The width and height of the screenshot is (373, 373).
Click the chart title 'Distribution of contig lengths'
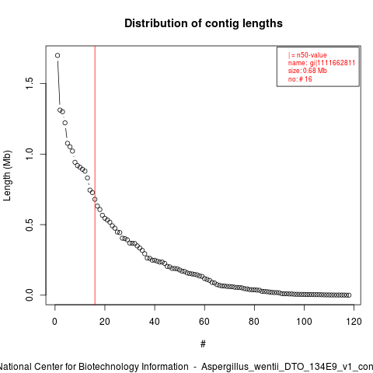click(x=204, y=23)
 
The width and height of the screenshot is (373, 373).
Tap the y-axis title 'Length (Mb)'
click(x=7, y=176)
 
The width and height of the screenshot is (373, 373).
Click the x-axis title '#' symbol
click(x=203, y=344)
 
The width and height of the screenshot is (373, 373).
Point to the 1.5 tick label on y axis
click(x=30, y=83)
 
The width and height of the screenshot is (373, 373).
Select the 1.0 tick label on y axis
click(x=30, y=154)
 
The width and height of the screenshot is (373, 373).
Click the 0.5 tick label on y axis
click(x=30, y=225)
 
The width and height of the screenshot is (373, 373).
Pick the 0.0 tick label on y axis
click(x=30, y=295)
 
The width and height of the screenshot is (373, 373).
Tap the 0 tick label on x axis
click(x=54, y=322)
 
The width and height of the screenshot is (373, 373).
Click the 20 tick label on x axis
click(x=105, y=322)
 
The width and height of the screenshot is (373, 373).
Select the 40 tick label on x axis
click(x=155, y=322)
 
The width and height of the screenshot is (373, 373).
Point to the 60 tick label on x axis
click(x=204, y=322)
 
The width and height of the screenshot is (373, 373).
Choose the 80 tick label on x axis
click(x=254, y=322)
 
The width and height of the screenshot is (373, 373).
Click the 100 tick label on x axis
click(x=304, y=322)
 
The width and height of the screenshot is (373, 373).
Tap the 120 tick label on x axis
click(x=354, y=322)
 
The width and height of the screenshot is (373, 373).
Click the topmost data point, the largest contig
click(x=58, y=55)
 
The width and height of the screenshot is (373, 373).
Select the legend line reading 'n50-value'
click(x=307, y=55)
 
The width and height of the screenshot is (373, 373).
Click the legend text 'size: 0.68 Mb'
click(x=307, y=71)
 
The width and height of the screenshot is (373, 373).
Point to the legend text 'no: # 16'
click(x=300, y=79)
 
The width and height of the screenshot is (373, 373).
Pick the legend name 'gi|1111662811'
click(x=333, y=63)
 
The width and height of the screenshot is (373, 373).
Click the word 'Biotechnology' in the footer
click(x=134, y=367)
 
